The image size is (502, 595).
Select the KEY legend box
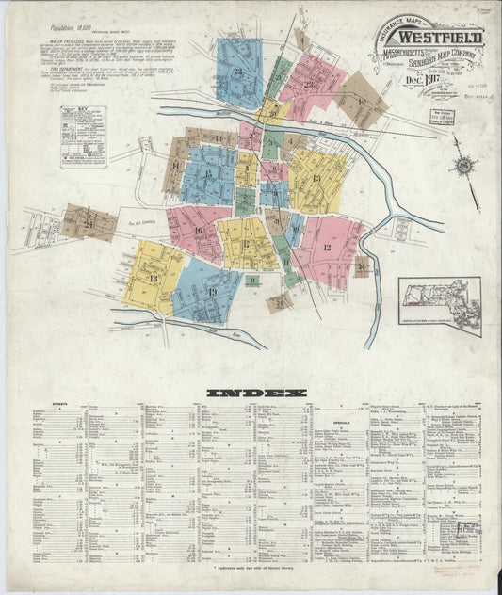[83, 136]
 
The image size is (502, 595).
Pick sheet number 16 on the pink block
[199, 230]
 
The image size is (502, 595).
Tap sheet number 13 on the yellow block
[316, 178]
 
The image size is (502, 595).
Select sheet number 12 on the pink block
[327, 247]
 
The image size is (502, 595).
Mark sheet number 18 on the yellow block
[153, 279]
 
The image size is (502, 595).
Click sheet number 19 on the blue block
[212, 293]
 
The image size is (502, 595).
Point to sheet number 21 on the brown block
[89, 223]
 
